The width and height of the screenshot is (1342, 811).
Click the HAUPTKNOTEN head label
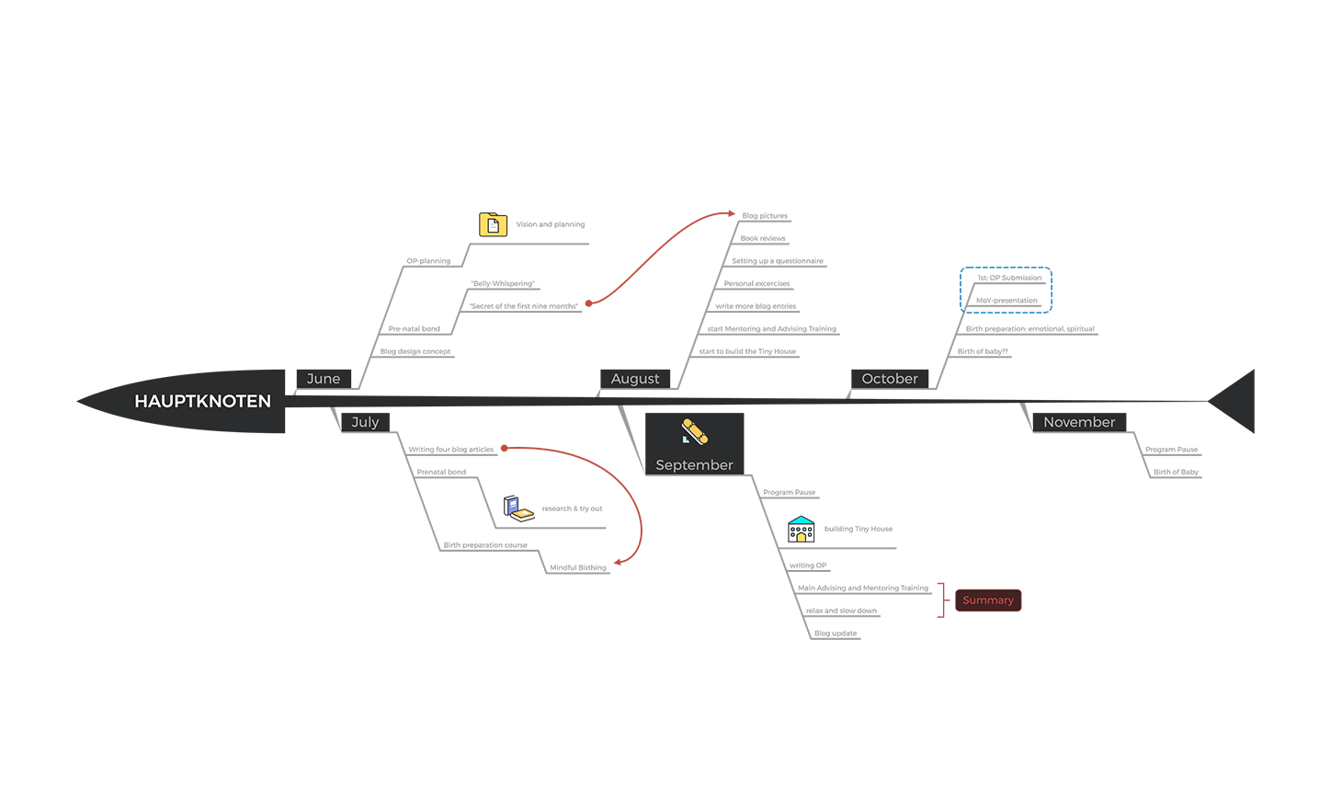(202, 401)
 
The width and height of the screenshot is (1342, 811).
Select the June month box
(324, 379)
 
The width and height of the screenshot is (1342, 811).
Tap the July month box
(365, 422)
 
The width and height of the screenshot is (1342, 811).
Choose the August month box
(635, 379)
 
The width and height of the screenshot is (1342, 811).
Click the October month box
(890, 379)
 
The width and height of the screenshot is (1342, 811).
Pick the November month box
(1079, 422)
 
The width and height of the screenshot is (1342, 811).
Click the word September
(694, 465)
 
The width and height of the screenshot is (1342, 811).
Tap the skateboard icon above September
(694, 431)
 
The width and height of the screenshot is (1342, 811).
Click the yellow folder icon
(493, 224)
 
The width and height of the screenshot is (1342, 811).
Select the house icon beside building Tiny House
(801, 530)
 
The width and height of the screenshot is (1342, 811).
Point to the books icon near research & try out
(518, 508)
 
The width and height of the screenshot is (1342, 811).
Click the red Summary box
(988, 600)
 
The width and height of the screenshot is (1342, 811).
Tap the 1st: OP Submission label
(1009, 278)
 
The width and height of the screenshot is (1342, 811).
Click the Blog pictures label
(765, 216)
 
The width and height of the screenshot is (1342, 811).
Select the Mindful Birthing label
(578, 567)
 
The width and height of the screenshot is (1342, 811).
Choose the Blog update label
(836, 633)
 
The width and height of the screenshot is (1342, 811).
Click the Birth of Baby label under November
(1176, 472)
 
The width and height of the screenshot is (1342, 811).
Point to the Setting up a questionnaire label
(778, 261)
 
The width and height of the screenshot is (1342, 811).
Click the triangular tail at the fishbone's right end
(1235, 401)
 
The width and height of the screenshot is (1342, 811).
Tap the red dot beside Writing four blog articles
(505, 449)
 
